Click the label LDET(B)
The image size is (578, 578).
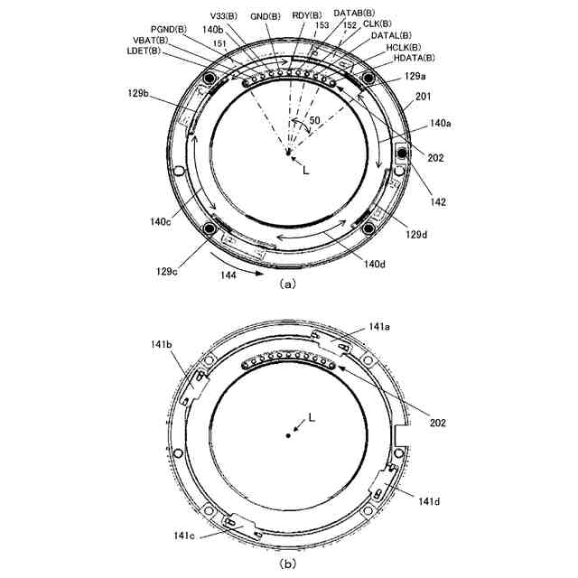(x=144, y=51)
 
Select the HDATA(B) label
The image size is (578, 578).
(x=414, y=58)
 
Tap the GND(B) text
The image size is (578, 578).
(x=265, y=16)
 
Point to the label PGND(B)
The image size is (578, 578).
(x=169, y=30)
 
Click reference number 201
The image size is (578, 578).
(x=424, y=97)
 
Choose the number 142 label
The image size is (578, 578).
(x=438, y=201)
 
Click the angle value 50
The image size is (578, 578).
(x=314, y=120)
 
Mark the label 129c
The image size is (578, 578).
(x=166, y=272)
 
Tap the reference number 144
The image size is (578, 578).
(x=228, y=275)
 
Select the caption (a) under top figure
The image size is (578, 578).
(x=287, y=284)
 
